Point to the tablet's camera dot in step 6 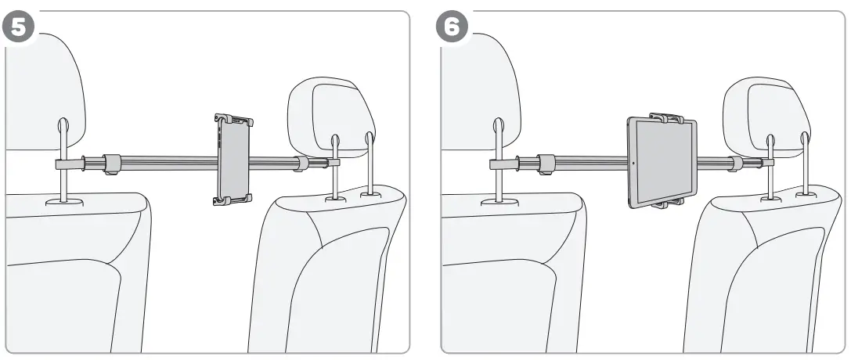(633, 164)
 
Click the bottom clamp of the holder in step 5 (233, 200)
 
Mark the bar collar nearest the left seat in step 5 (112, 164)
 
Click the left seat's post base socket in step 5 (63, 202)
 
